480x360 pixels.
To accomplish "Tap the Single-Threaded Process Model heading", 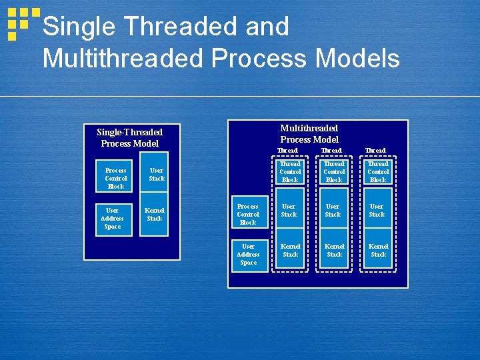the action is click(x=130, y=137).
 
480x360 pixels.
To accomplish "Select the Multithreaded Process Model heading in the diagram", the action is click(x=309, y=133).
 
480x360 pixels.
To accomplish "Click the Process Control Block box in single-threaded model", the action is click(x=116, y=178).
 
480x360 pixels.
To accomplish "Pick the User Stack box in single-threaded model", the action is click(x=157, y=174).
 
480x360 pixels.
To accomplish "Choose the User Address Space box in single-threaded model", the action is click(x=112, y=219).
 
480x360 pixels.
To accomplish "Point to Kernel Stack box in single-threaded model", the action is click(x=155, y=214).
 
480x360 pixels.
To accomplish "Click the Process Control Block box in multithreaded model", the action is click(x=248, y=214).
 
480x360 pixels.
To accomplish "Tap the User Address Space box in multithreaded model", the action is click(x=248, y=254).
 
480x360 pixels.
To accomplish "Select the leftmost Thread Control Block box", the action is click(x=290, y=171).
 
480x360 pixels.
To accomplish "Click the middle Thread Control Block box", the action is click(x=334, y=171).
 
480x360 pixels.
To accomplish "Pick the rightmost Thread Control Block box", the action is click(x=378, y=171).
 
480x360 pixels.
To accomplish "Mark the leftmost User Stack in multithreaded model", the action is click(x=289, y=211).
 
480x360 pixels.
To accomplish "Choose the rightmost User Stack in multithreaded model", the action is click(x=377, y=211).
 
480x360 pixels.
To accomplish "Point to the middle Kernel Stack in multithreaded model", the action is click(x=334, y=250).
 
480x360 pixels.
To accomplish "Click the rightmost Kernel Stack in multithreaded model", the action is click(x=378, y=250).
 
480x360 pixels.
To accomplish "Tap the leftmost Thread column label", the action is click(x=288, y=150).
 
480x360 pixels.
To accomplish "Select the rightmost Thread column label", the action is click(x=375, y=150).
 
